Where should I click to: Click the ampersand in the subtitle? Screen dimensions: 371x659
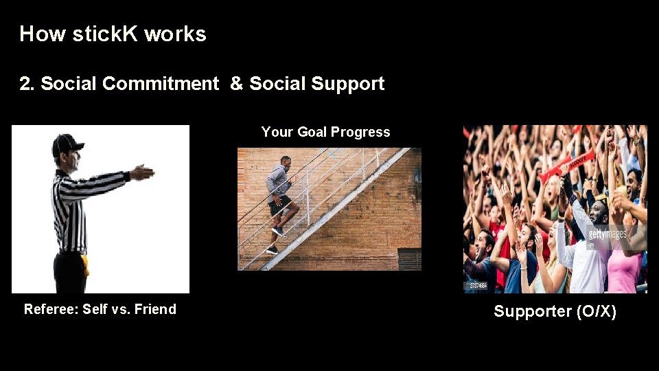[x=236, y=84]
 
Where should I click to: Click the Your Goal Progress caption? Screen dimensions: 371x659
[x=325, y=132]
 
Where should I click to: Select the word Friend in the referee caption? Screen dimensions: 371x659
[x=155, y=309]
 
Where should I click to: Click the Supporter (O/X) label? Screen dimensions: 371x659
[x=555, y=311]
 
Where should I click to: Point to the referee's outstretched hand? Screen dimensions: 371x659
[x=142, y=172]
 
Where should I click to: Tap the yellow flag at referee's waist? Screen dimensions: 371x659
[x=86, y=265]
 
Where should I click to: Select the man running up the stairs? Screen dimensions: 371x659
[x=280, y=203]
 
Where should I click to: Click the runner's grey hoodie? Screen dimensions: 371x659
[x=277, y=181]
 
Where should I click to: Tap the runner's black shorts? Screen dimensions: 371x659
[x=280, y=204]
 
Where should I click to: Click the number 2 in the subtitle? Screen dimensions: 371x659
[x=25, y=84]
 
